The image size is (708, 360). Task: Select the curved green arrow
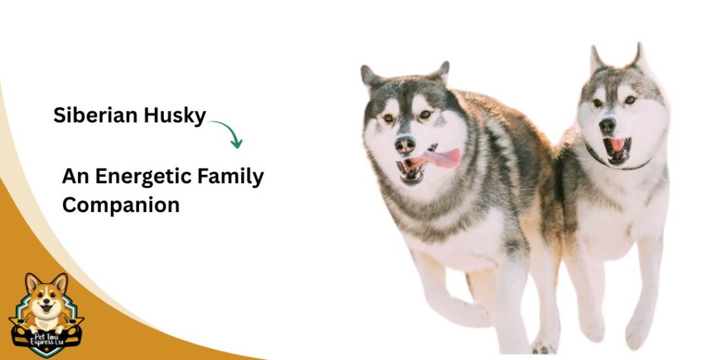[x=228, y=132]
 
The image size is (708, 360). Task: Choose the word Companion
[x=121, y=205]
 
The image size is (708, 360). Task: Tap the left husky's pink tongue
[x=442, y=158]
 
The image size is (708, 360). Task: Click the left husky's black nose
[x=405, y=144]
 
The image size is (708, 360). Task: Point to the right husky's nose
[x=607, y=126]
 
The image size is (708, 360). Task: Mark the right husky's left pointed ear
[x=596, y=59]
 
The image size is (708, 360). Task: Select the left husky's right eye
[x=425, y=114]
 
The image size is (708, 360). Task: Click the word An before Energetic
[x=75, y=176]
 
